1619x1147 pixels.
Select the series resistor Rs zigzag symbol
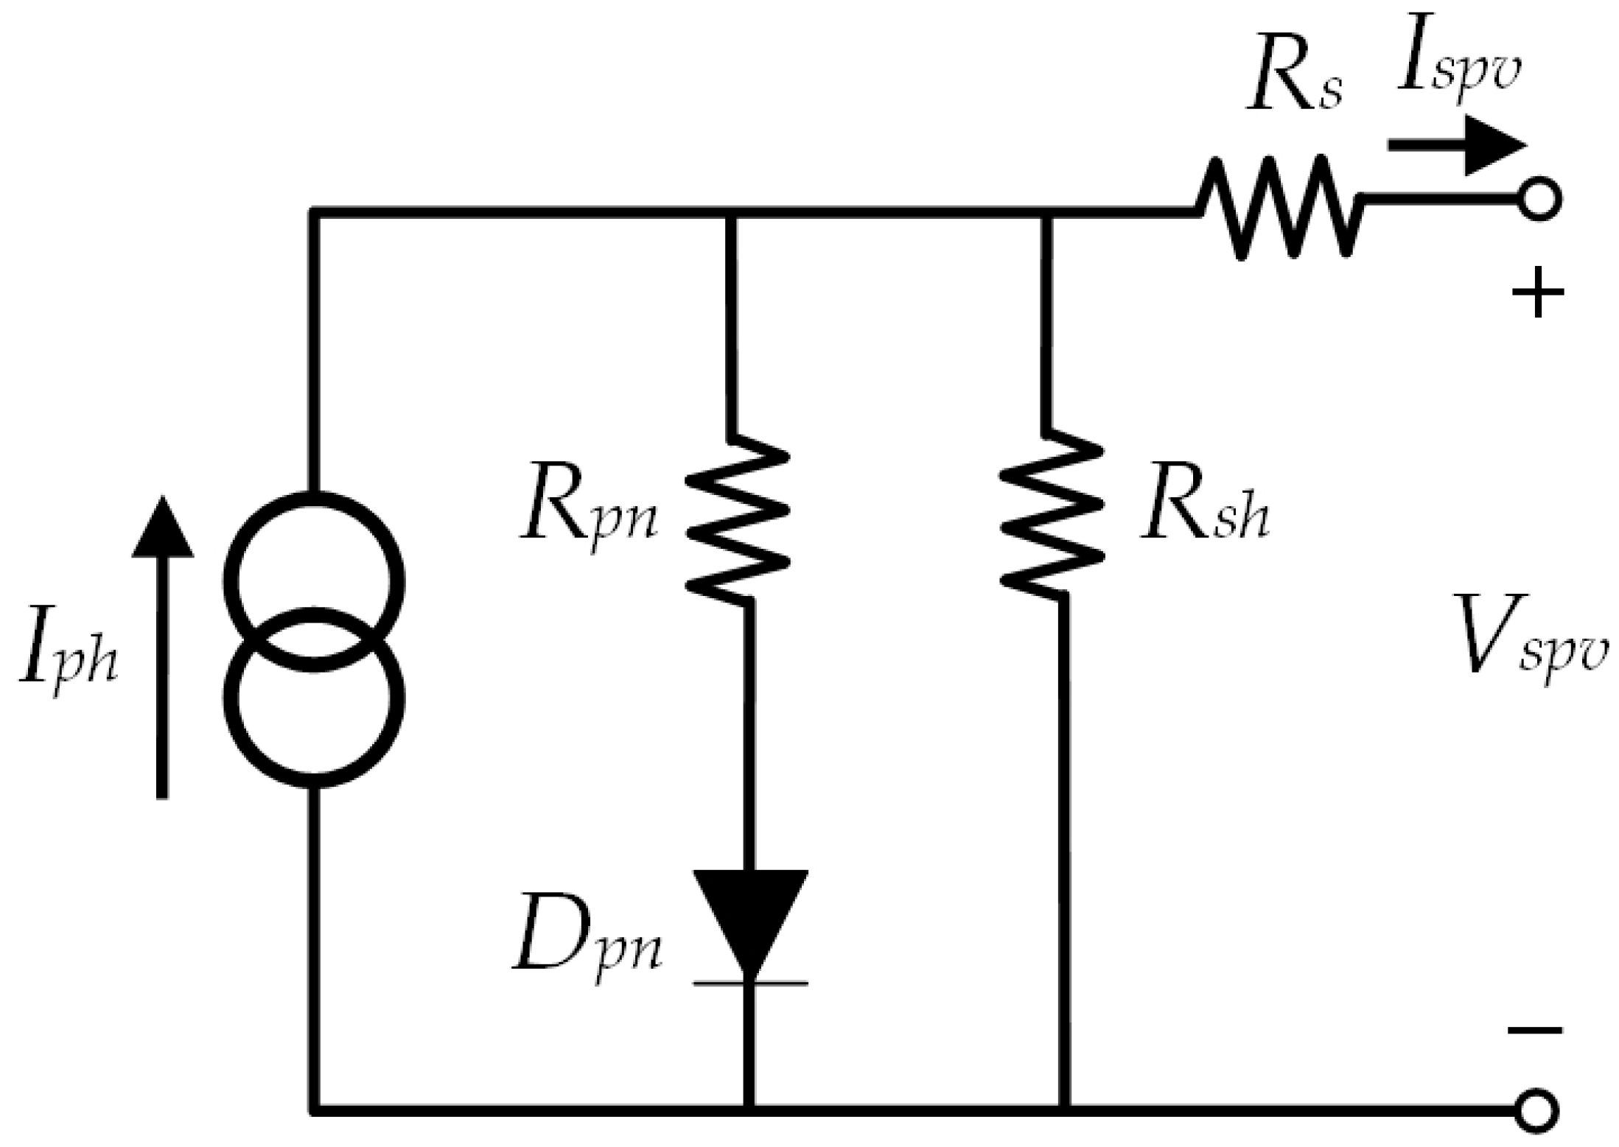[1279, 206]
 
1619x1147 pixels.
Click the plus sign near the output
[1537, 293]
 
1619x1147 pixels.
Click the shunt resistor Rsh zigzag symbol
[1052, 516]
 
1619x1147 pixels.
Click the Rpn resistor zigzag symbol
[737, 519]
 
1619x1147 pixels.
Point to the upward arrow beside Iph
[162, 648]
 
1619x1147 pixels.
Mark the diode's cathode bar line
[750, 983]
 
